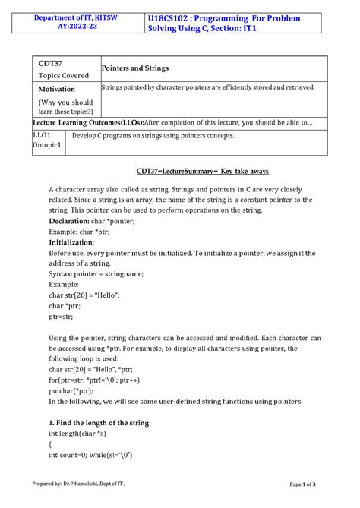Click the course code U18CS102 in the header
(x=176, y=17)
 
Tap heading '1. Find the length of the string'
(x=99, y=422)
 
